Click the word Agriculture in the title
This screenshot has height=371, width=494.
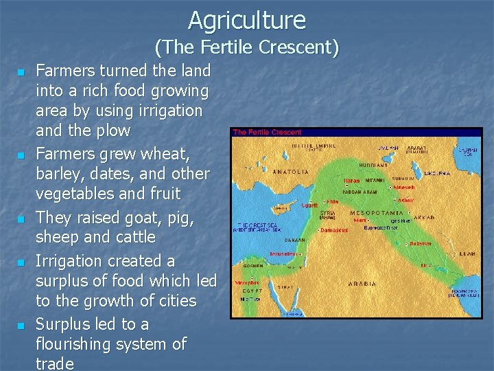pyautogui.click(x=247, y=20)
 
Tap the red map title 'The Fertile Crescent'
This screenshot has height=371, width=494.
pyautogui.click(x=267, y=132)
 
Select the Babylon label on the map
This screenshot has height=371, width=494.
pyautogui.click(x=420, y=243)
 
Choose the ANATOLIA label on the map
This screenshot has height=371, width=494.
pyautogui.click(x=291, y=172)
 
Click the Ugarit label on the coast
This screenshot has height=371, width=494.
pyautogui.click(x=311, y=205)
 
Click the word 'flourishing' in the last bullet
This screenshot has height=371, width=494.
pyautogui.click(x=76, y=344)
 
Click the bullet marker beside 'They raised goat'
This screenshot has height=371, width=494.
pyautogui.click(x=21, y=219)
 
